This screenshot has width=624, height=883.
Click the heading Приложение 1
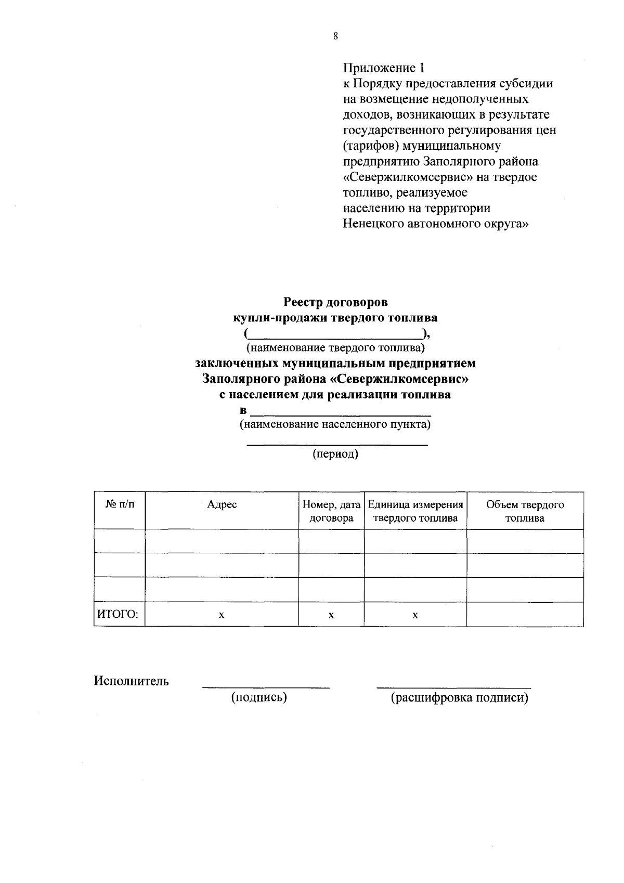click(384, 68)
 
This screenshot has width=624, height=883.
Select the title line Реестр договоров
click(335, 302)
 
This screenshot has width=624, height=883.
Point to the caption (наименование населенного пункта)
click(335, 425)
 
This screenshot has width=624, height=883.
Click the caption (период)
click(335, 455)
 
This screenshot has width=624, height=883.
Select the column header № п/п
click(119, 505)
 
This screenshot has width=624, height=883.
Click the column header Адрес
click(222, 505)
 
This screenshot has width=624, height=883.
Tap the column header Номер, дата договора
click(331, 511)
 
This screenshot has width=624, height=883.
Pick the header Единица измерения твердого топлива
click(415, 511)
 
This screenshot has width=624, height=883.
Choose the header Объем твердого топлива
click(525, 511)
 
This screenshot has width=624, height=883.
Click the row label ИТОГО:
click(118, 615)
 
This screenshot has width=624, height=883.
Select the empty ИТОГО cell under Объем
click(525, 615)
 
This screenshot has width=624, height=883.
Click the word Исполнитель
click(131, 681)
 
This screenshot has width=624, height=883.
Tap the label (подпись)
click(259, 698)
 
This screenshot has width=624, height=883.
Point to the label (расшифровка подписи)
click(459, 698)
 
